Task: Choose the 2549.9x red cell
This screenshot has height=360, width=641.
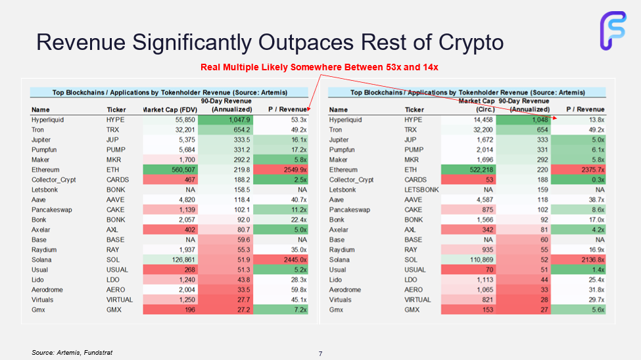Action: tap(293, 169)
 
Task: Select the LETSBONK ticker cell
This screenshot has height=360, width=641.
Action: tap(421, 190)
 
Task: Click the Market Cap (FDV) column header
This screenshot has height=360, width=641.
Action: tap(169, 109)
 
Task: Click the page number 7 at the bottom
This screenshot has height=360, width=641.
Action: tap(320, 354)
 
